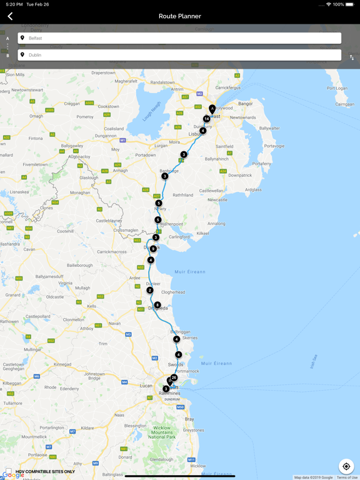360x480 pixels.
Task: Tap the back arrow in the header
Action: pos(10,16)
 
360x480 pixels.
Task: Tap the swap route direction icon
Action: pos(352,57)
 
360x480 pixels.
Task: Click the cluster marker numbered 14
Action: pos(206,119)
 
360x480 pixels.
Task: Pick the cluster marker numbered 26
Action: pos(174,377)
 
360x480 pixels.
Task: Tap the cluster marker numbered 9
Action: pos(153,249)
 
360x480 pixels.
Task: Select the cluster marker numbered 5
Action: pos(159,203)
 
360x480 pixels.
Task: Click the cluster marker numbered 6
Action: pos(157,305)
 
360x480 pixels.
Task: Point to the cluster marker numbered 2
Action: pos(150,290)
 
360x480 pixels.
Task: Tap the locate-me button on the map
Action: pos(346,466)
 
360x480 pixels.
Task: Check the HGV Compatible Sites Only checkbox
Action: pos(8,471)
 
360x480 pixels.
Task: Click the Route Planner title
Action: pos(180,16)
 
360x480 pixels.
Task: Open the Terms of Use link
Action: pos(347,477)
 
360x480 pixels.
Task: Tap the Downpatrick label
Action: pos(240,176)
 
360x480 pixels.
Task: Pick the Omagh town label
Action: pos(36,116)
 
